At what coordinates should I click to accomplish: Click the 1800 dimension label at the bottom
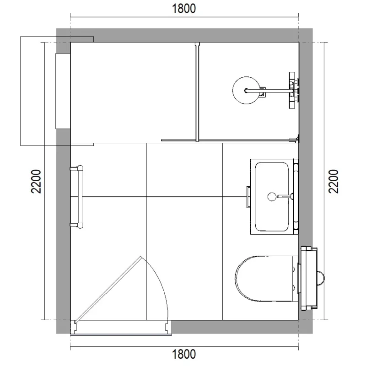coord(183,354)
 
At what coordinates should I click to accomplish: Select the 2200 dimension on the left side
coord(37,182)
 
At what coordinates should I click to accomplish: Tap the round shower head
coord(247,90)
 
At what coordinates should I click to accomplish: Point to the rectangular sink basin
coord(272,196)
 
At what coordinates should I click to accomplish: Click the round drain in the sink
coord(271,197)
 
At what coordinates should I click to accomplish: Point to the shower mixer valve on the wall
coord(292,90)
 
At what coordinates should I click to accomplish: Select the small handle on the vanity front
coord(248,196)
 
